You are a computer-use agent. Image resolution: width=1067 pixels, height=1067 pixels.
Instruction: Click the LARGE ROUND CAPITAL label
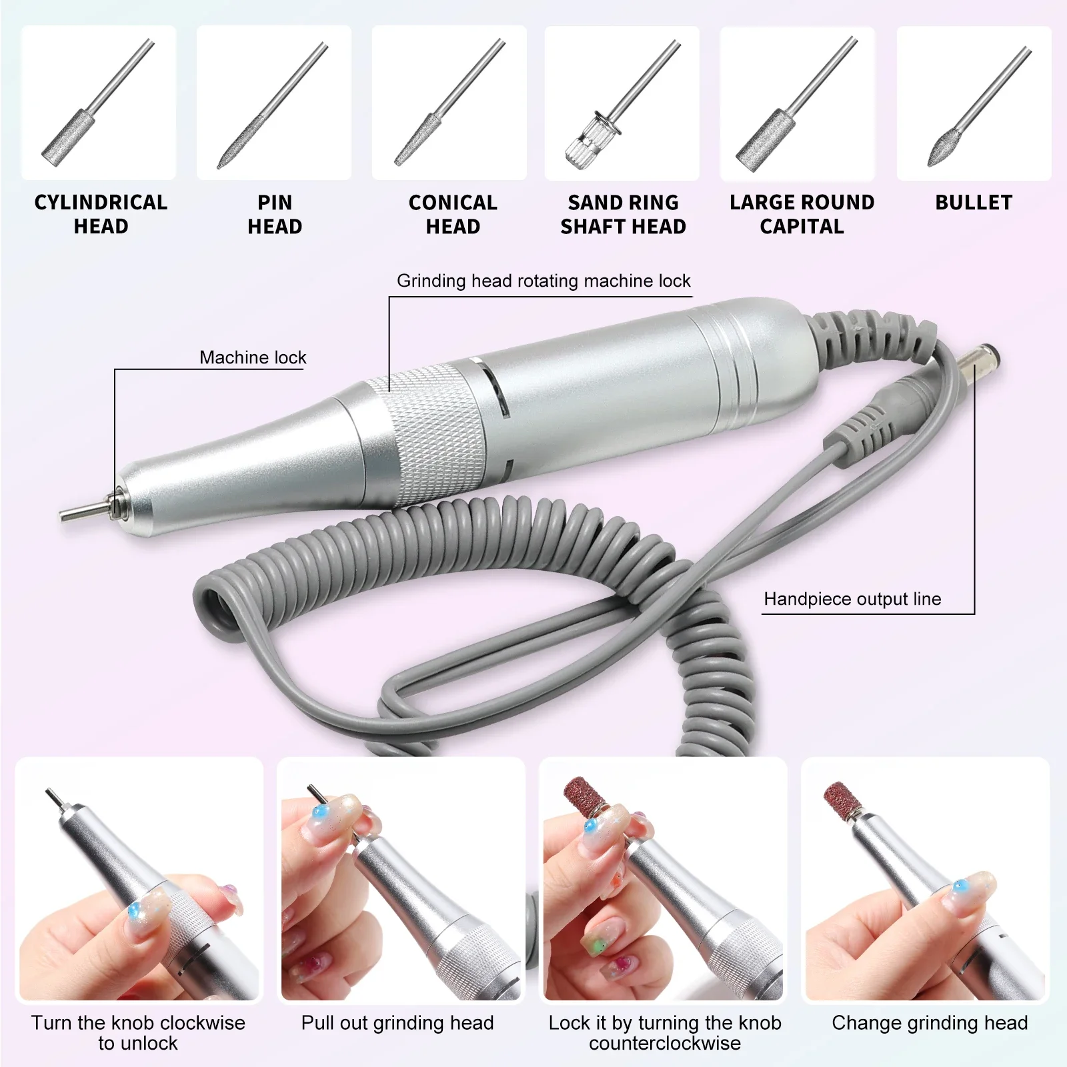click(x=802, y=214)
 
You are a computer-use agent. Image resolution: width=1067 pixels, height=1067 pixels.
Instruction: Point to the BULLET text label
click(x=974, y=203)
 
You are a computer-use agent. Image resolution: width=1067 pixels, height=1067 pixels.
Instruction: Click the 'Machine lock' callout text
click(x=253, y=357)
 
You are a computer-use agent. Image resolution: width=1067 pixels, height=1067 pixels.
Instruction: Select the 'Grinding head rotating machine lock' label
click(x=544, y=281)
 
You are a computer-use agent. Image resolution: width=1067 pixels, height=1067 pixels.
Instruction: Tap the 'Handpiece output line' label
click(x=852, y=599)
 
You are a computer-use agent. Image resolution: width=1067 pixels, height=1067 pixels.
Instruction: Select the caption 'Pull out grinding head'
click(x=397, y=1022)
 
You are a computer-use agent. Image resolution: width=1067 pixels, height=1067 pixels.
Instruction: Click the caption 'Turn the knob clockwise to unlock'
click(x=138, y=1032)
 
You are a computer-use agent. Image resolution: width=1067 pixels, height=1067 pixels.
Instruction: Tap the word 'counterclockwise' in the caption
click(x=664, y=1043)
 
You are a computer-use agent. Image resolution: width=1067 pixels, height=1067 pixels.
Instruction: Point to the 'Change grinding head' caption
click(x=930, y=1022)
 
